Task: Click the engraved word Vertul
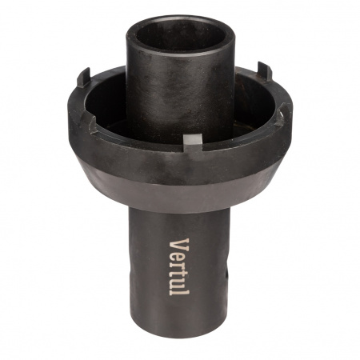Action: [179, 266]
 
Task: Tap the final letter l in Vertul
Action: [179, 291]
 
